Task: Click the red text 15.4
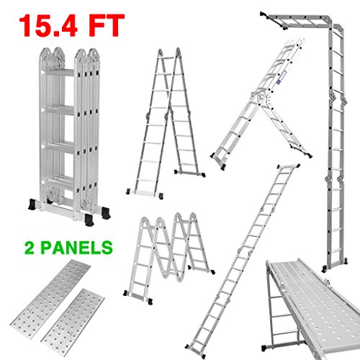click(48, 25)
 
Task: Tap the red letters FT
click(106, 25)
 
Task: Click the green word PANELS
click(76, 247)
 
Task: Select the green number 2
click(30, 247)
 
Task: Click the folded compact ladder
click(70, 135)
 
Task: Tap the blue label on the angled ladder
click(281, 77)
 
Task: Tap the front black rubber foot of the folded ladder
click(89, 220)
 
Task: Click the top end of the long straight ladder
click(289, 166)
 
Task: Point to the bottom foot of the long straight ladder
click(196, 352)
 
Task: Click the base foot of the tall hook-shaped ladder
click(335, 264)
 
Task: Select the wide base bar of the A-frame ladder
click(145, 193)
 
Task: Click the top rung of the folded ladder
click(59, 73)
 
